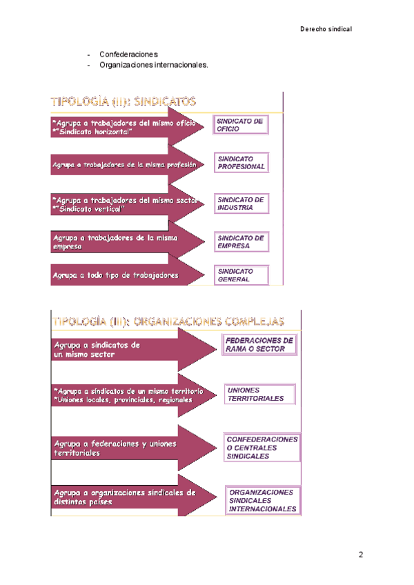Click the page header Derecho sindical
[326, 29]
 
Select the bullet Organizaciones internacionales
[153, 65]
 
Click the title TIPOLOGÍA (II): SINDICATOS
[124, 101]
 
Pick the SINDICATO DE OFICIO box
[239, 125]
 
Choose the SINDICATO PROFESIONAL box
[241, 163]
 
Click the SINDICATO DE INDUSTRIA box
[239, 203]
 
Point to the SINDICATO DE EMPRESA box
[239, 242]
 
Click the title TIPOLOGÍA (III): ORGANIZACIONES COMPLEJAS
[168, 321]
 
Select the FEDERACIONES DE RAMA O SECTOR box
[259, 345]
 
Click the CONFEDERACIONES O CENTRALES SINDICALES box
[262, 447]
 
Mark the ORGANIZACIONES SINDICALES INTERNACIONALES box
[263, 501]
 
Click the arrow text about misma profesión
[124, 165]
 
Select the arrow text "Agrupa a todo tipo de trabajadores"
[115, 275]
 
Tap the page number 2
[360, 555]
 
